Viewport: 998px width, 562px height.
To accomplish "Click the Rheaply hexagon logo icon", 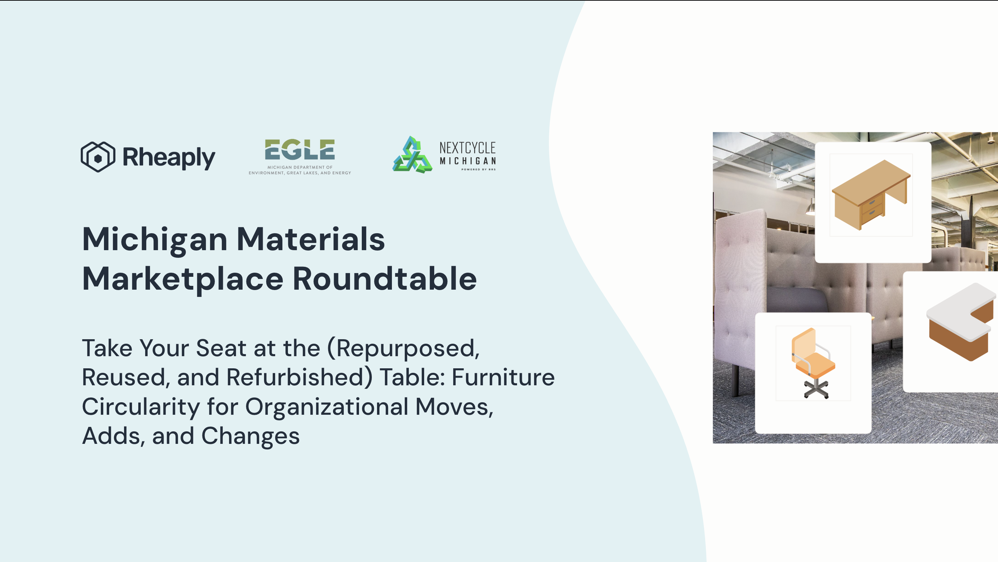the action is pyautogui.click(x=98, y=157).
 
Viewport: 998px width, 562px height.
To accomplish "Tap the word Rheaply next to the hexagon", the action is pyautogui.click(x=168, y=158).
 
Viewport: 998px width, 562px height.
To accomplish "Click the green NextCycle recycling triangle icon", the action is pyautogui.click(x=412, y=155).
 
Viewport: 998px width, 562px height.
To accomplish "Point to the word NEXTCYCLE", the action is pyautogui.click(x=467, y=148).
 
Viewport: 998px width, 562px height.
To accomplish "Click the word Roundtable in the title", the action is pyautogui.click(x=385, y=279).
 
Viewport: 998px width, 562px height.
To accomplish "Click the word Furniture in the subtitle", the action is pyautogui.click(x=503, y=377).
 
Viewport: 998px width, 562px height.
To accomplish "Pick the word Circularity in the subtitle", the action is pyautogui.click(x=141, y=407).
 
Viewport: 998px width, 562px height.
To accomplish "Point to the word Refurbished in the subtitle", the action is pyautogui.click(x=299, y=377).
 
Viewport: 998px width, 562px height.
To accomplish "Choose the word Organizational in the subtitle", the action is pyautogui.click(x=326, y=407).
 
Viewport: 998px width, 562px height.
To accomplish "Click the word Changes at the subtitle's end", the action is pyautogui.click(x=250, y=437).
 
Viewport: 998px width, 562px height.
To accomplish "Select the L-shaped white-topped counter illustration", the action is pyautogui.click(x=961, y=322).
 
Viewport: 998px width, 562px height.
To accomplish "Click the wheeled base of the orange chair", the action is pyautogui.click(x=816, y=389).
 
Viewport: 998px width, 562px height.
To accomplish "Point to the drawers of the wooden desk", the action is pyautogui.click(x=872, y=207).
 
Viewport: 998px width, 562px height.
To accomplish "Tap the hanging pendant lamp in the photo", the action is pyautogui.click(x=810, y=210).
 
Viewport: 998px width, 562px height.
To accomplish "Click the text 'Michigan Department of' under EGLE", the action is pyautogui.click(x=300, y=167).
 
